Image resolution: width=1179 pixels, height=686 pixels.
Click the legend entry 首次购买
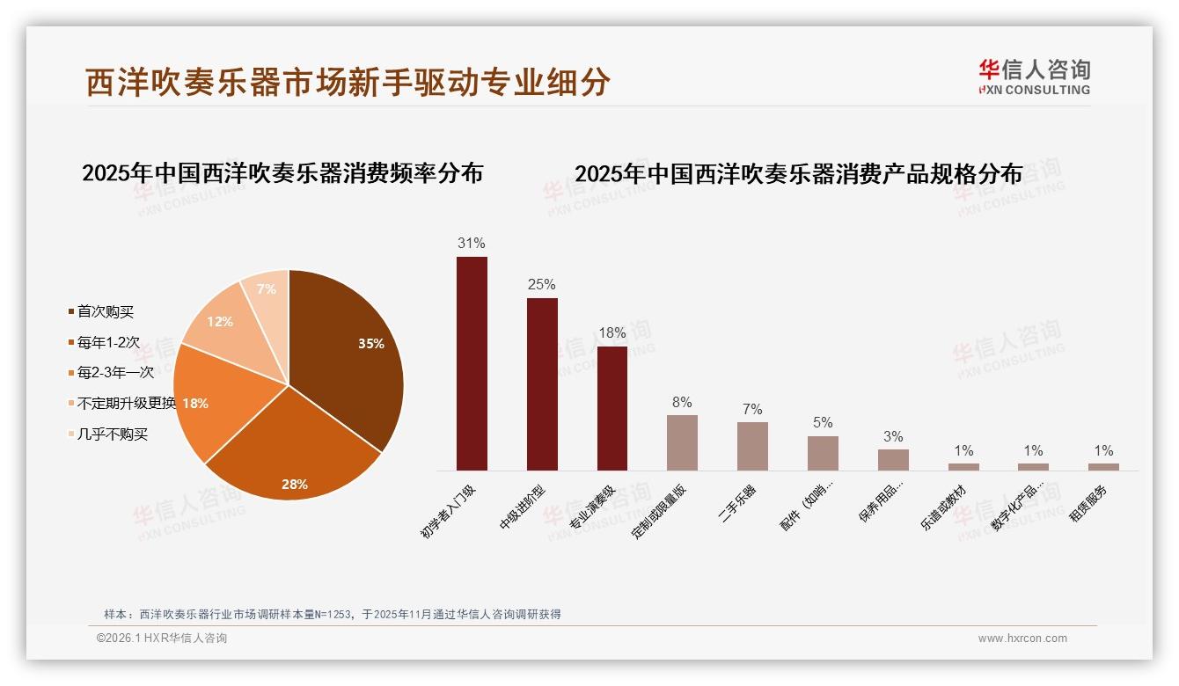pyautogui.click(x=105, y=311)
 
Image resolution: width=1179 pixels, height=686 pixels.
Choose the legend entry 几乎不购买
pyautogui.click(x=112, y=434)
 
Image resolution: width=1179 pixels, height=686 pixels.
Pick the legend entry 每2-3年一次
pyautogui.click(x=114, y=372)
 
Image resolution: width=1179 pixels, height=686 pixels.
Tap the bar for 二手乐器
pyautogui.click(x=752, y=446)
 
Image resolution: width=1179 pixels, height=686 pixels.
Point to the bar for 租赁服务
pyautogui.click(x=1103, y=467)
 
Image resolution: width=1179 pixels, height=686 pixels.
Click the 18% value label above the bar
pyautogui.click(x=611, y=332)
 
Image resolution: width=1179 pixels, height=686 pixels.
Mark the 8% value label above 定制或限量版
pyautogui.click(x=682, y=402)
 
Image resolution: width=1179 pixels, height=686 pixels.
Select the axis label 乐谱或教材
pyautogui.click(x=943, y=507)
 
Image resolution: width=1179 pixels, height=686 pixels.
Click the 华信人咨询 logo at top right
pyautogui.click(x=1034, y=77)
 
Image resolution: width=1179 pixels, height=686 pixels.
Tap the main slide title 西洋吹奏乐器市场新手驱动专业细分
pyautogui.click(x=348, y=82)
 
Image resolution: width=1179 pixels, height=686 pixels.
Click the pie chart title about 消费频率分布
pyautogui.click(x=282, y=172)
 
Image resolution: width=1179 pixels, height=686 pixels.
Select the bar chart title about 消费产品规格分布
pyautogui.click(x=798, y=173)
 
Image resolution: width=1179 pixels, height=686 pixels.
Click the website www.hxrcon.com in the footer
pyautogui.click(x=1022, y=639)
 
